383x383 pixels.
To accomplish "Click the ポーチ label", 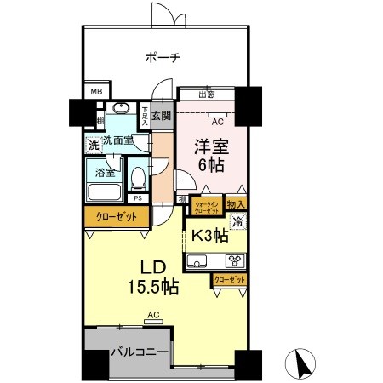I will (162, 58).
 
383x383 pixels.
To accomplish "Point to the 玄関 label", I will (162, 116).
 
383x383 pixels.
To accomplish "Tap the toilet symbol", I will (139, 178).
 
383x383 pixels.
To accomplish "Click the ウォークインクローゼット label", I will (208, 206).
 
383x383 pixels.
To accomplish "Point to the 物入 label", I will (237, 204).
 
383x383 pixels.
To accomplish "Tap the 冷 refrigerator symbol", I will (238, 222).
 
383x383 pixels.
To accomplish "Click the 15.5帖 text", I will (154, 288).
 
